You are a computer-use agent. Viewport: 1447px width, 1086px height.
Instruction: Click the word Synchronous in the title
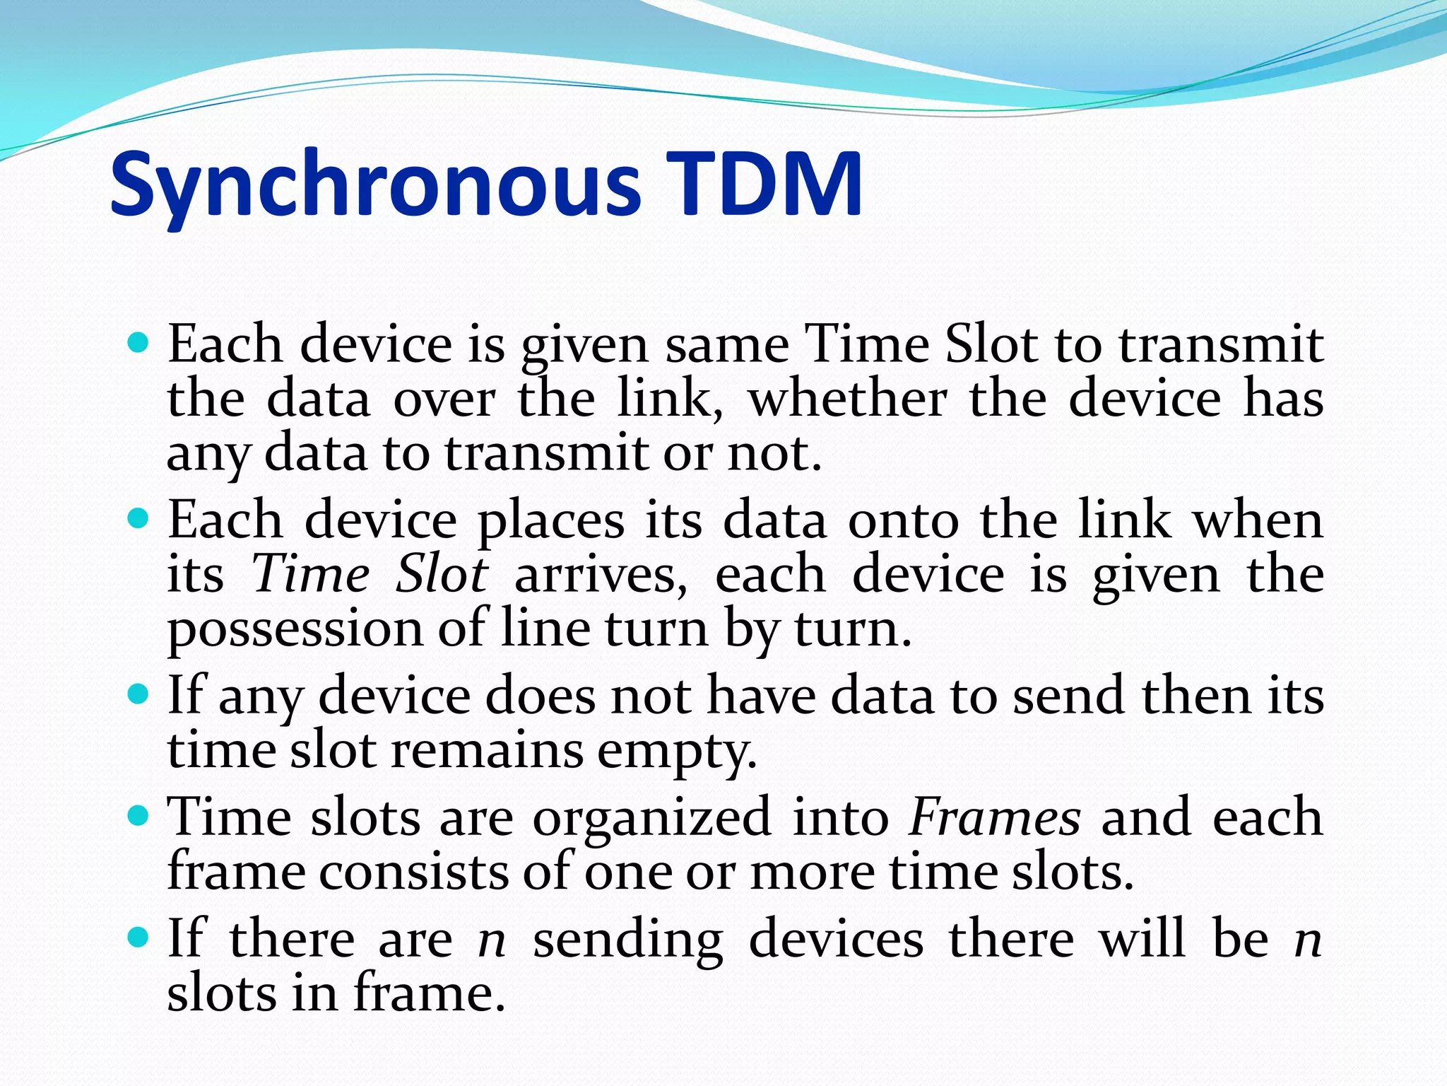click(x=375, y=185)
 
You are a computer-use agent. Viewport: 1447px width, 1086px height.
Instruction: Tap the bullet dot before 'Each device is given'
click(x=138, y=344)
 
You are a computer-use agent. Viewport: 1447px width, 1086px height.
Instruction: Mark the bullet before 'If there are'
click(x=138, y=939)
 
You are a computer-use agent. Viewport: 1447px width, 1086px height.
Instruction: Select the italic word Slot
click(x=442, y=573)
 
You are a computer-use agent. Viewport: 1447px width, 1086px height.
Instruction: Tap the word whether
click(x=847, y=399)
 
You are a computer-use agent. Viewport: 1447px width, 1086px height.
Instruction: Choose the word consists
click(x=413, y=872)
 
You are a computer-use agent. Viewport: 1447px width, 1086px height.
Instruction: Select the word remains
click(x=488, y=750)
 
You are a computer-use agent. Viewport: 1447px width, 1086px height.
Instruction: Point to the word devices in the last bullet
click(x=836, y=940)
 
